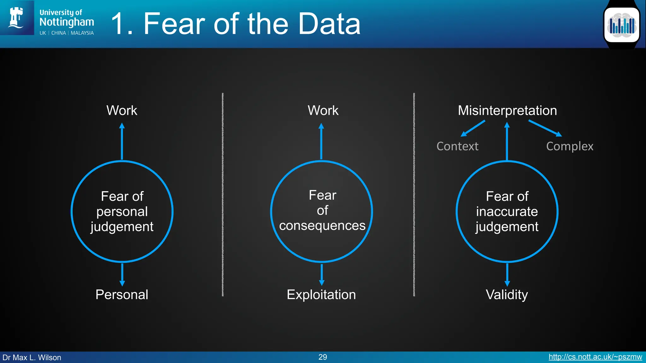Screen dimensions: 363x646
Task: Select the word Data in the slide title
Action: tap(329, 24)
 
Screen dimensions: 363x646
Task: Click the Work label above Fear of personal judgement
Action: tap(122, 111)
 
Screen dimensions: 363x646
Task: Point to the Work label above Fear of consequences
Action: tap(323, 111)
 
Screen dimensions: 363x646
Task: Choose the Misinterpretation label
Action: tap(507, 111)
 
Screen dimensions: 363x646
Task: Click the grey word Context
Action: tap(457, 146)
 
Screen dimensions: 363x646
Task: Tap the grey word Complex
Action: tap(570, 146)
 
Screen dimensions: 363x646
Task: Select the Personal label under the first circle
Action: tap(122, 295)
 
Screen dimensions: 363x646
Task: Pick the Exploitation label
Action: tap(321, 295)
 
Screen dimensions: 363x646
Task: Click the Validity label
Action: tap(507, 295)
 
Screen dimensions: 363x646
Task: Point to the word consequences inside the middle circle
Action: tap(322, 226)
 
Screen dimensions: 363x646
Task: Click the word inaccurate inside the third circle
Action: tap(507, 211)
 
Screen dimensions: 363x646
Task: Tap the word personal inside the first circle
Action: tap(122, 211)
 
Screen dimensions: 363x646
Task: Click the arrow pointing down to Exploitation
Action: tap(322, 274)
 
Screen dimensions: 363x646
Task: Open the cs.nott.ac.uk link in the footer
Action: tap(595, 357)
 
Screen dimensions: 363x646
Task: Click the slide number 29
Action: tap(323, 357)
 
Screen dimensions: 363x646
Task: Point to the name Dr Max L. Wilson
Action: tap(32, 358)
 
